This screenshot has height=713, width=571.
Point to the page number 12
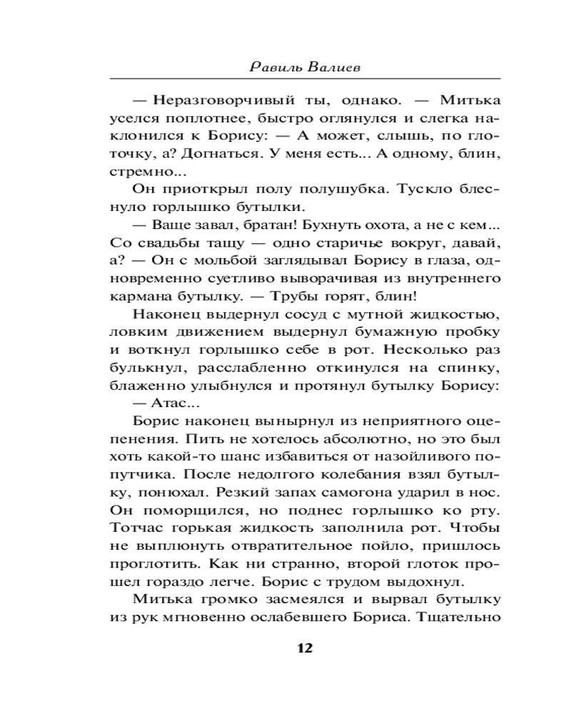(x=304, y=648)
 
